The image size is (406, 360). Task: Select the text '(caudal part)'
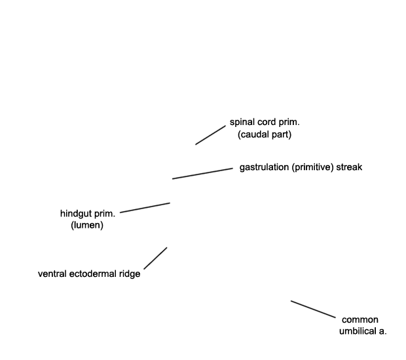pos(265,135)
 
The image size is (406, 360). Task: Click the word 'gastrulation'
pos(265,168)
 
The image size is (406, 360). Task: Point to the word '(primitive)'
pos(312,168)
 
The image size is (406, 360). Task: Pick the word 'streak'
pos(349,167)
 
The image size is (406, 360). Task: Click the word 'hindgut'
pos(76,214)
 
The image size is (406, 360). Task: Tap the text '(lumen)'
pos(87,225)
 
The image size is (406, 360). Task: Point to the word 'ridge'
pos(130,274)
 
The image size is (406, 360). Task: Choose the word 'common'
pos(360,320)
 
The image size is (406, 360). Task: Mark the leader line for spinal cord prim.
pos(210,135)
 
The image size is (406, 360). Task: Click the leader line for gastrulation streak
pos(202,173)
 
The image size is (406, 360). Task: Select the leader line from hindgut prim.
pos(145,208)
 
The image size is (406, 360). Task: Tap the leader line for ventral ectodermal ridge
pos(155,259)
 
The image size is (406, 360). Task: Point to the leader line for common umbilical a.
pos(313,309)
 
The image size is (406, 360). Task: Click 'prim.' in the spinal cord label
pos(289,122)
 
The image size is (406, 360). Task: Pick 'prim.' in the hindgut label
pos(105,214)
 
